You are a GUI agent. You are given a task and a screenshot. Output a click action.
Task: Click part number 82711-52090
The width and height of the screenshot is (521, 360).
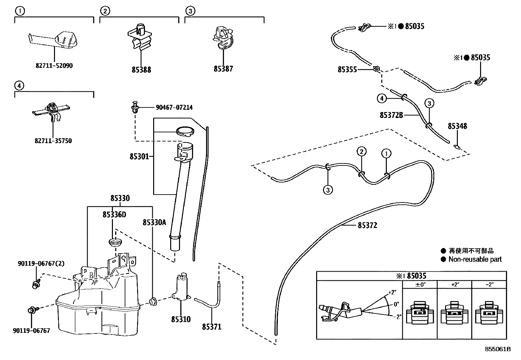54,66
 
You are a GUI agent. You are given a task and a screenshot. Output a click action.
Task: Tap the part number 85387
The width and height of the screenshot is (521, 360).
223,69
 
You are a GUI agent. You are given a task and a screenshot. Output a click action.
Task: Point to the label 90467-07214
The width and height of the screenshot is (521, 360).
174,107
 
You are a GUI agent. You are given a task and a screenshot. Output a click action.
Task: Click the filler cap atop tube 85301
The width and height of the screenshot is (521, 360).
185,131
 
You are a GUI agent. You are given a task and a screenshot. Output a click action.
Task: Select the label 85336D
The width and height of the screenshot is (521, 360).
114,214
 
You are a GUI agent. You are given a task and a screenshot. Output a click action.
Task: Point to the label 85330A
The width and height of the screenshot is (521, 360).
154,222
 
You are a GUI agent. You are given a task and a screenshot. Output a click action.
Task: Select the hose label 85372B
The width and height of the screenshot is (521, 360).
391,115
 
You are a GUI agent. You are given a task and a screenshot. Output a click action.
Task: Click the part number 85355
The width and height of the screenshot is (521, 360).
347,69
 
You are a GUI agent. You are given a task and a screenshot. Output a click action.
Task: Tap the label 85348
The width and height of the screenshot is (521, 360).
457,126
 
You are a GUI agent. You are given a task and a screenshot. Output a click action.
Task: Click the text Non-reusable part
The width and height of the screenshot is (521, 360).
475,259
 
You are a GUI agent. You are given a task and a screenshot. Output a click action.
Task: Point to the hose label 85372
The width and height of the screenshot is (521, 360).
367,225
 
